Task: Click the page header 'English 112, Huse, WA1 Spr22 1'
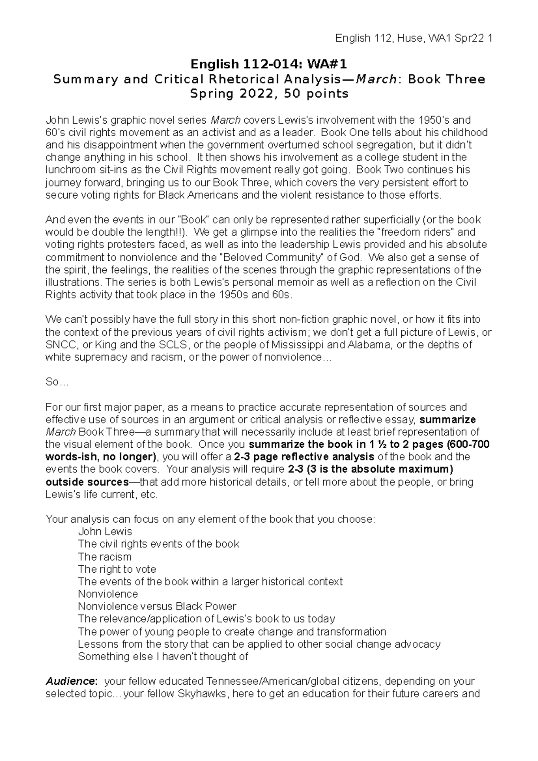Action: click(414, 39)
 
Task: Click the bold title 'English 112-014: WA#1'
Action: click(269, 65)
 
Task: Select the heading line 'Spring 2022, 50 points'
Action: click(269, 94)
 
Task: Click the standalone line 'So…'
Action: click(56, 382)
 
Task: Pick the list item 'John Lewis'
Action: click(105, 532)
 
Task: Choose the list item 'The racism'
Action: click(104, 557)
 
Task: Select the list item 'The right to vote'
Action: click(117, 569)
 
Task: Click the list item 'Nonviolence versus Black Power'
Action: click(157, 606)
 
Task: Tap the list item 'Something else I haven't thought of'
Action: click(163, 657)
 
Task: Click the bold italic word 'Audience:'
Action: click(71, 682)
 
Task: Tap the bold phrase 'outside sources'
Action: click(87, 482)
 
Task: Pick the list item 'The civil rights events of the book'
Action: click(158, 544)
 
